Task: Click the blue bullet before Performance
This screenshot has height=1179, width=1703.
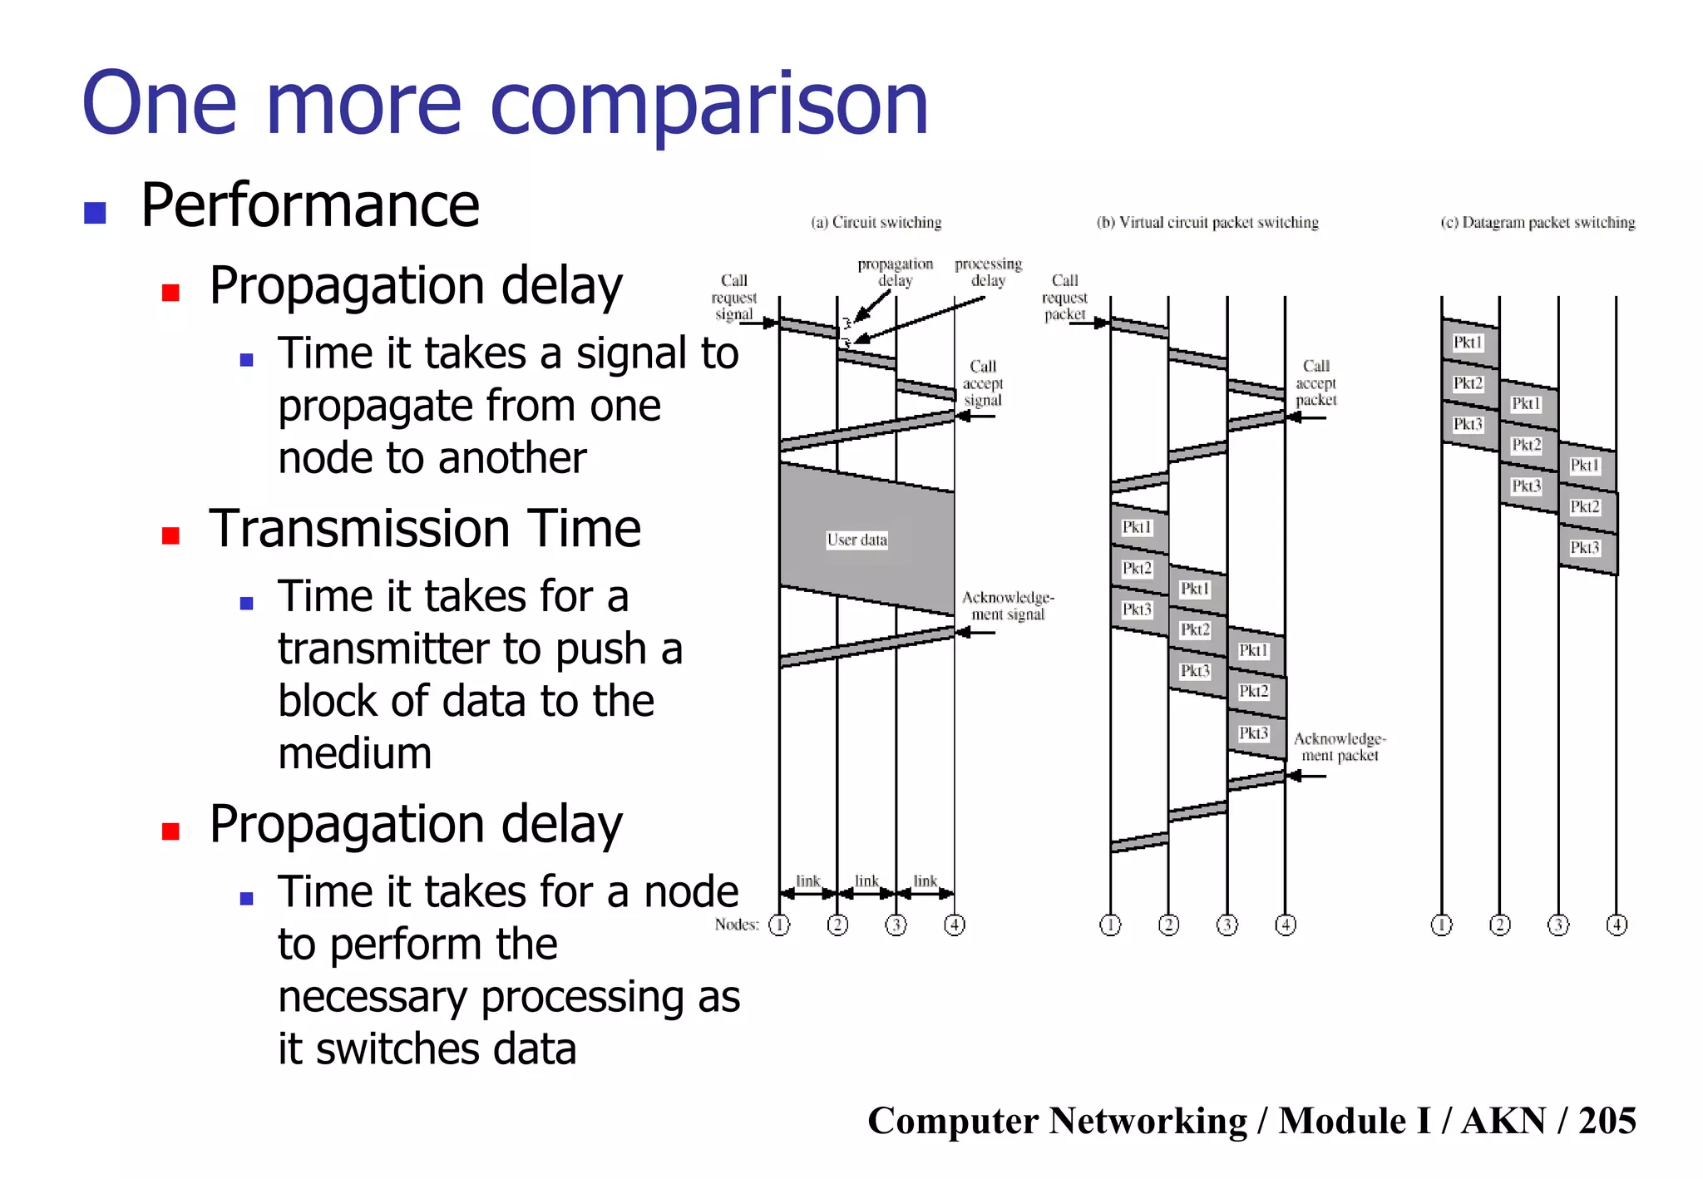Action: (x=95, y=213)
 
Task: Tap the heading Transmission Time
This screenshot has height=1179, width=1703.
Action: (x=424, y=529)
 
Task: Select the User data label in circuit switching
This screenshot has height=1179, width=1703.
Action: (x=856, y=540)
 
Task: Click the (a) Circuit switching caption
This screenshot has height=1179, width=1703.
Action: (x=876, y=223)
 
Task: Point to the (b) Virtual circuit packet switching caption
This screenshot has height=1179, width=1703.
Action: (x=1207, y=223)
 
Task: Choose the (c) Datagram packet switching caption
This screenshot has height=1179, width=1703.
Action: (x=1538, y=223)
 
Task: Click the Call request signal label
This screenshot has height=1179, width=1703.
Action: (x=733, y=298)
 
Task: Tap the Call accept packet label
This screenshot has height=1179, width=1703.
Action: (x=1316, y=383)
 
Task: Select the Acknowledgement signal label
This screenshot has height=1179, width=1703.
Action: (x=1008, y=606)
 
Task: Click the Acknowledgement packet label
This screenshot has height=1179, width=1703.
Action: (x=1340, y=747)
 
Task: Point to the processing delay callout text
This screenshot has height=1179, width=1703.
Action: (x=988, y=273)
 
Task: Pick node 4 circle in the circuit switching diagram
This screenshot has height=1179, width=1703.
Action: (x=955, y=925)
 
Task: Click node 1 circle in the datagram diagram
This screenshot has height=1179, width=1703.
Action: (x=1441, y=925)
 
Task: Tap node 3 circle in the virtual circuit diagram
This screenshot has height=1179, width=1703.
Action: (x=1227, y=925)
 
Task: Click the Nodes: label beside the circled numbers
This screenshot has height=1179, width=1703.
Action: (x=737, y=925)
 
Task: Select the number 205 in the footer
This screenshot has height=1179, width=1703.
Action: (x=1607, y=1121)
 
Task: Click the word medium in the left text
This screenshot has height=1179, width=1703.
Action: (x=355, y=753)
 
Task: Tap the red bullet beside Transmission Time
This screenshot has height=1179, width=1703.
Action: (x=171, y=535)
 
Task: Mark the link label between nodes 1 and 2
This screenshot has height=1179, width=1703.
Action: (x=807, y=881)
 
